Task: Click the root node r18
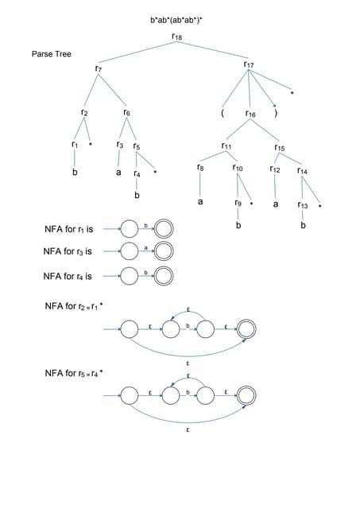(x=176, y=36)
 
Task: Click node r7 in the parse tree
(x=98, y=69)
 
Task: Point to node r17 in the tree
(x=249, y=64)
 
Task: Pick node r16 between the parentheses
(x=250, y=115)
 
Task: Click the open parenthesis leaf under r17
(x=223, y=113)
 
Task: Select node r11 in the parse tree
(x=226, y=146)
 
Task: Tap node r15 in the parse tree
(x=280, y=147)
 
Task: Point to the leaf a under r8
(x=200, y=202)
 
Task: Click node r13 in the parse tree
(x=303, y=205)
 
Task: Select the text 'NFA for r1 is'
(x=69, y=229)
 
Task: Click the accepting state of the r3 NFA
(x=165, y=252)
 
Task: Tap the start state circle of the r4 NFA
(x=130, y=276)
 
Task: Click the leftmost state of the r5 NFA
(x=130, y=394)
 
